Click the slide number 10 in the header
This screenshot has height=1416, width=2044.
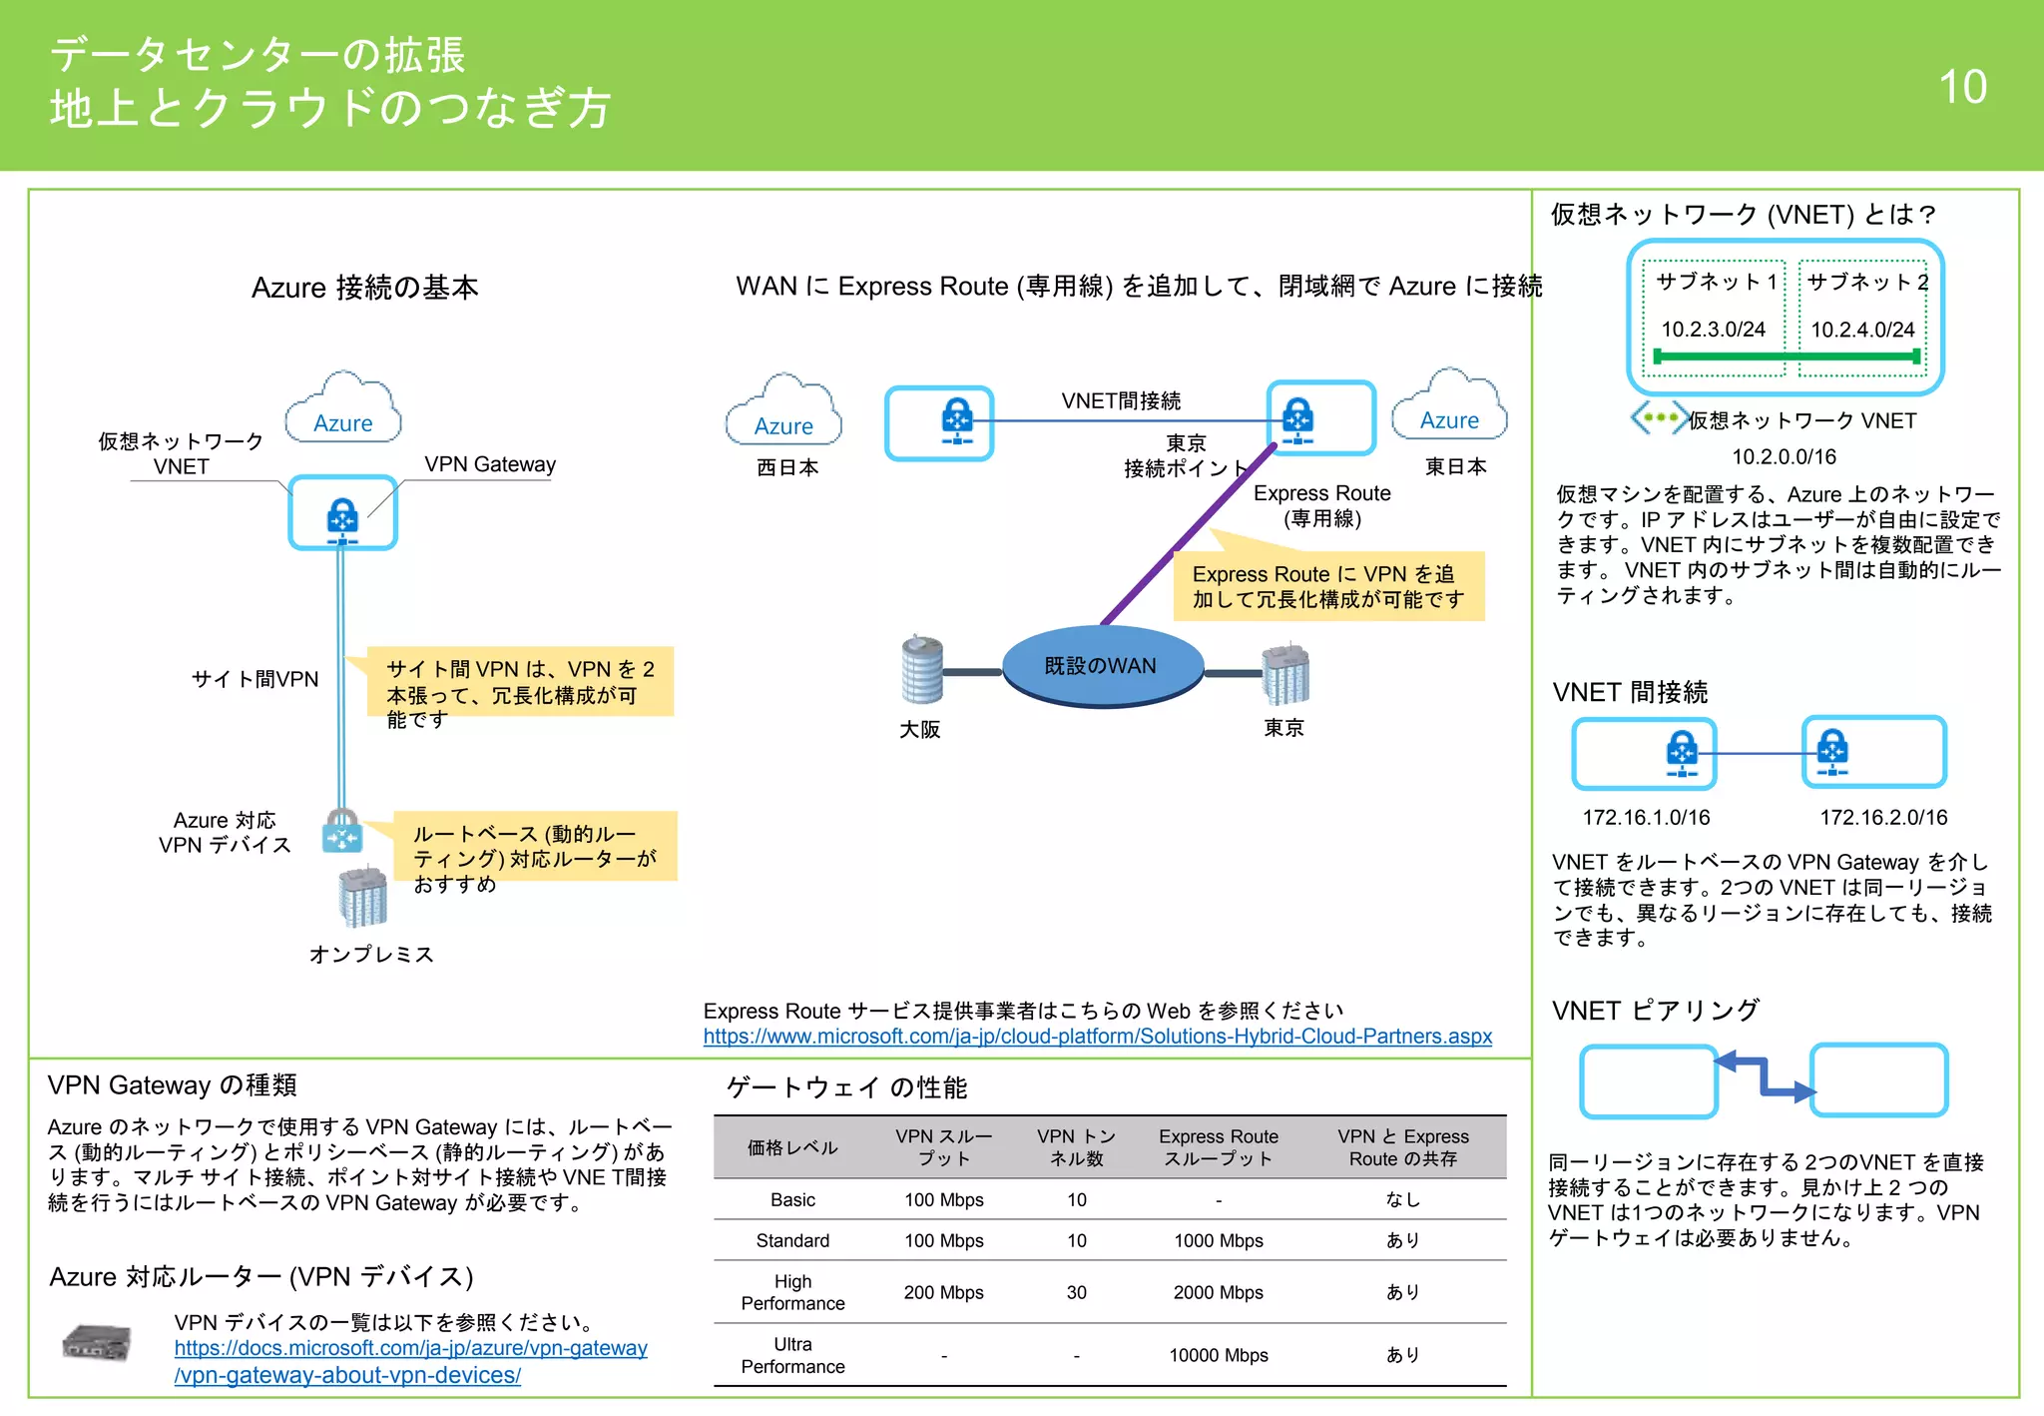click(1962, 87)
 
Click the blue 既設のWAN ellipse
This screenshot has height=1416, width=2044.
click(1101, 667)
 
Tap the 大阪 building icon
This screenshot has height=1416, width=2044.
click(921, 669)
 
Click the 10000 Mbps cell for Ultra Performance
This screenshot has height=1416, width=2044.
click(1218, 1355)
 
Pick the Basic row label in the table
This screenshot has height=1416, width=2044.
click(792, 1199)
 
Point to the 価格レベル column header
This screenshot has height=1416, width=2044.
click(792, 1147)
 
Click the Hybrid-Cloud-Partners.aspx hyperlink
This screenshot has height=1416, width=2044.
click(1097, 1037)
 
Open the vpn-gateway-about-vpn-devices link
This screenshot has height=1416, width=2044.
click(410, 1361)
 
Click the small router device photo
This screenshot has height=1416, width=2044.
click(97, 1343)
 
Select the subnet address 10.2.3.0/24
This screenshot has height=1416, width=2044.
click(1713, 330)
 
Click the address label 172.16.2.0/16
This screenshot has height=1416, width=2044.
click(1883, 818)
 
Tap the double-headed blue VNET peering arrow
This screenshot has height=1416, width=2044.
click(1765, 1076)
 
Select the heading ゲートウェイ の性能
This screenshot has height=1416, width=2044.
click(846, 1087)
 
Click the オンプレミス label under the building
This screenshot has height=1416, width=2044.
click(371, 955)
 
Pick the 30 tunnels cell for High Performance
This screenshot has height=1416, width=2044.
click(1076, 1292)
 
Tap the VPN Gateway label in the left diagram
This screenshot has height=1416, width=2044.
click(490, 464)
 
